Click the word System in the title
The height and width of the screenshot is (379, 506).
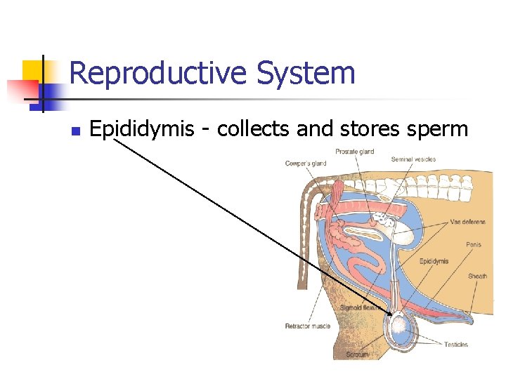click(306, 73)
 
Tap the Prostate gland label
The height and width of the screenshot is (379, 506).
click(354, 152)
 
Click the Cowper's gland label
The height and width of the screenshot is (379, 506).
click(306, 164)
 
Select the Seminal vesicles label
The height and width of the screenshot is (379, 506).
click(413, 159)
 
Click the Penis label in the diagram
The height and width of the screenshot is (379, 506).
click(474, 245)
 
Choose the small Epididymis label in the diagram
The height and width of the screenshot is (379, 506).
click(434, 261)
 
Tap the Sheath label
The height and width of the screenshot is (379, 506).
click(478, 276)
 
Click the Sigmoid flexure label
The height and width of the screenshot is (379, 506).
click(361, 307)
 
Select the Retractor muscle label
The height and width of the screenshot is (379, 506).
click(307, 326)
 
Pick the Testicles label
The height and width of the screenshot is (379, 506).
click(456, 344)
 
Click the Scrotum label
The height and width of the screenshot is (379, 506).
click(357, 354)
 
